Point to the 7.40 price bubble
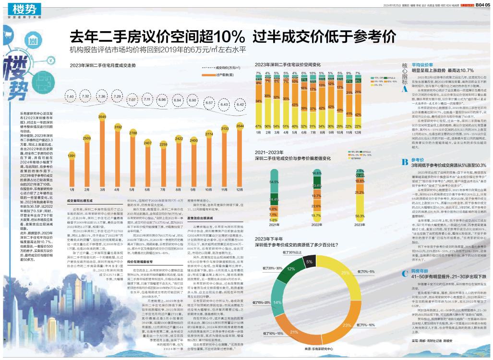coord(71,97)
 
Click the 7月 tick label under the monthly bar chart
coord(163,190)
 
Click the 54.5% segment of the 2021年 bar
coord(275,182)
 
